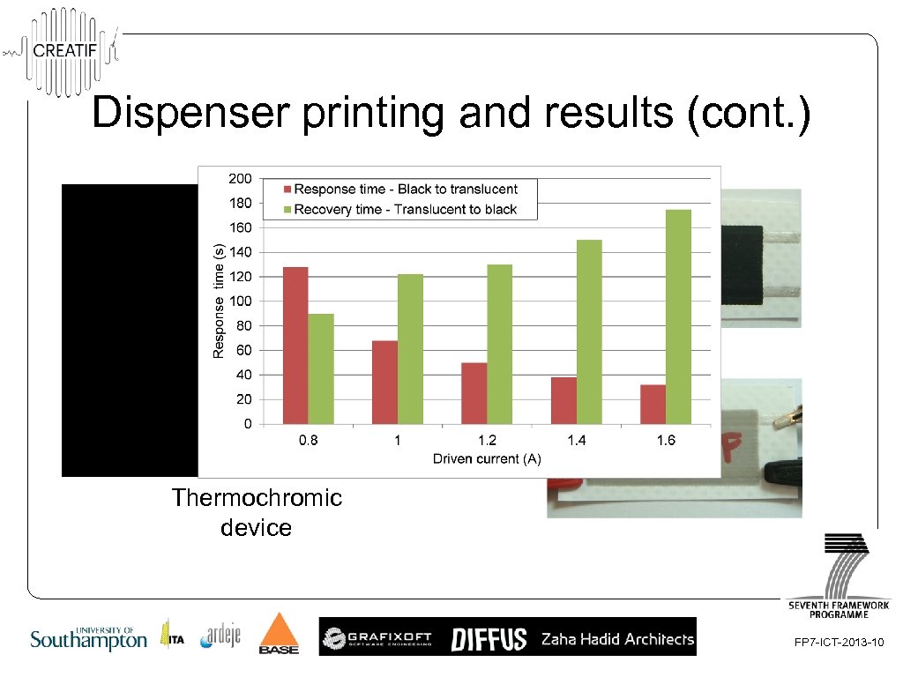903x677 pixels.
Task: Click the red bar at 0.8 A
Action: (295, 345)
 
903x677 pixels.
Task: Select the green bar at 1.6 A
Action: (678, 316)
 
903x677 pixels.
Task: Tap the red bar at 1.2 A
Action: (474, 392)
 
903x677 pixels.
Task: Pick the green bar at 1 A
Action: (410, 349)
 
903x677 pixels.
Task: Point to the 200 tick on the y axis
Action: (240, 179)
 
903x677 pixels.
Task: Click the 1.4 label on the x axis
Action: (576, 441)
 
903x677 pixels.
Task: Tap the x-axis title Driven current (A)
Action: (486, 458)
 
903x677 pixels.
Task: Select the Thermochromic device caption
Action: (257, 512)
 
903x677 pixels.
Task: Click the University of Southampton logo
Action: (88, 637)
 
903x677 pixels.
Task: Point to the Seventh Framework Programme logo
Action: (839, 575)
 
